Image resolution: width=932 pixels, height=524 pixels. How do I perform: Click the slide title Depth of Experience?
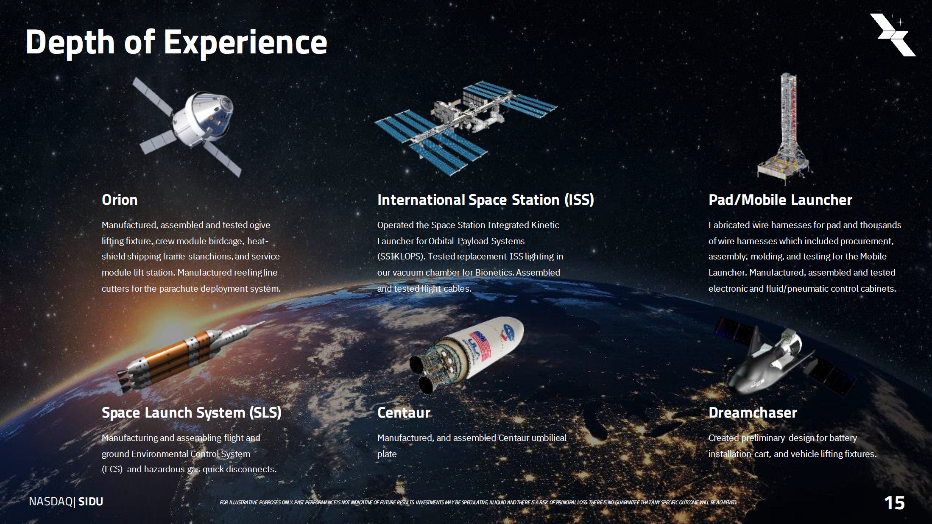[x=176, y=42]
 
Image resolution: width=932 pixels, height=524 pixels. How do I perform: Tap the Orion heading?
[x=120, y=200]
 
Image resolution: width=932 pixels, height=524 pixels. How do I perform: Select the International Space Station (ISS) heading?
[x=486, y=200]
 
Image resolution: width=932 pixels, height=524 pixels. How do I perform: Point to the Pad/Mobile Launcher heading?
[x=780, y=200]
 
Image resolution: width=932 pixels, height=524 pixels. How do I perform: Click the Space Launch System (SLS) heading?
[x=192, y=413]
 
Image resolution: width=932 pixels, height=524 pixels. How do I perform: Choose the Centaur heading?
[x=404, y=413]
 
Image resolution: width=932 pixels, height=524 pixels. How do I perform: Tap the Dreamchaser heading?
[x=753, y=413]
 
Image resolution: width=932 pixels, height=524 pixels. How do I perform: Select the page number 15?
[x=894, y=503]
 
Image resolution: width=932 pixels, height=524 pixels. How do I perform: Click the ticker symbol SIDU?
[x=91, y=502]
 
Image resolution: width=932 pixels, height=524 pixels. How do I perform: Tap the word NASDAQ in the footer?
[x=51, y=502]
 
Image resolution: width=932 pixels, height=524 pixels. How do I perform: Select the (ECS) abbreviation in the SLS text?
[x=112, y=469]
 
